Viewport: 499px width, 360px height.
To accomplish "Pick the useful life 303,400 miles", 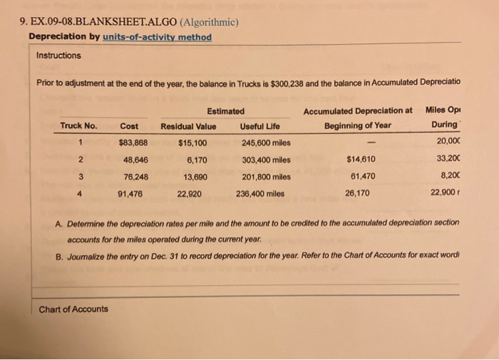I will click(x=265, y=159).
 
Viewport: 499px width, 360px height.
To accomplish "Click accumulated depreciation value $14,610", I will click(x=359, y=159).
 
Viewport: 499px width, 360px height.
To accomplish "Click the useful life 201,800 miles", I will click(x=265, y=175).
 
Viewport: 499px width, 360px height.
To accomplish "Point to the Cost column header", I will click(x=129, y=126).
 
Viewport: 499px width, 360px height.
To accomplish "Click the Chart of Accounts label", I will click(x=74, y=309).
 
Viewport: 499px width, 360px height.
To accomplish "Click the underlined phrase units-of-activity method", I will click(x=157, y=37).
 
